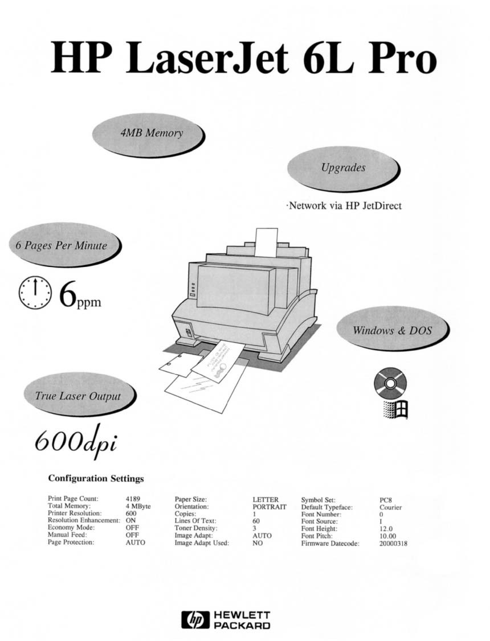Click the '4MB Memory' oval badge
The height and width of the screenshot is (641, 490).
pyautogui.click(x=148, y=134)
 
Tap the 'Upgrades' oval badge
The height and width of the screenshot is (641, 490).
pyautogui.click(x=343, y=169)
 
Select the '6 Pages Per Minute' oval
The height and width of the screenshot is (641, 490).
pyautogui.click(x=65, y=245)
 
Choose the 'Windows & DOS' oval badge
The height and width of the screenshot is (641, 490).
pyautogui.click(x=393, y=330)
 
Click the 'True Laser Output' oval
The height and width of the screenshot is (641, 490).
pyautogui.click(x=79, y=395)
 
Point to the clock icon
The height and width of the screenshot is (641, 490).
pyautogui.click(x=35, y=293)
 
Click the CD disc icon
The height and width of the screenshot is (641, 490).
pyautogui.click(x=390, y=383)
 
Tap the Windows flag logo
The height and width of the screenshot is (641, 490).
pyautogui.click(x=395, y=409)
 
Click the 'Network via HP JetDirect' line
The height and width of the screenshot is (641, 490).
pyautogui.click(x=344, y=205)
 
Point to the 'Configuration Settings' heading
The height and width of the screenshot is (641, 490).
pyautogui.click(x=96, y=478)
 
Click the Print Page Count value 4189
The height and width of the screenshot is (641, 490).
pyautogui.click(x=133, y=499)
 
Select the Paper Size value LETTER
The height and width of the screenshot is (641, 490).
pyautogui.click(x=266, y=500)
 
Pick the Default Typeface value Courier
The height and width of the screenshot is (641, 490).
pyautogui.click(x=391, y=507)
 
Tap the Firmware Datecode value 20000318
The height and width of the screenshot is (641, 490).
pyautogui.click(x=393, y=544)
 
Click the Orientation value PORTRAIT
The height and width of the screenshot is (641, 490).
pyautogui.click(x=269, y=507)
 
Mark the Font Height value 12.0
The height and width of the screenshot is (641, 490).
pyautogui.click(x=386, y=529)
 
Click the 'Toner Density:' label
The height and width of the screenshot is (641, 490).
pyautogui.click(x=195, y=528)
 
